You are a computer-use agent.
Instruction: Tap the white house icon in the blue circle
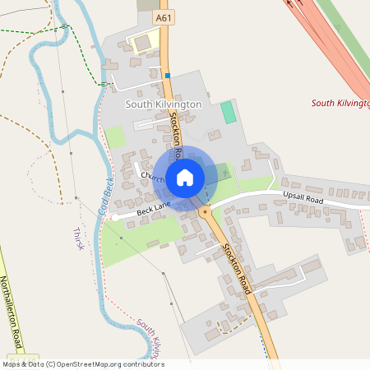pos(185,176)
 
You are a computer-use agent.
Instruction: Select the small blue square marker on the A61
pos(168,76)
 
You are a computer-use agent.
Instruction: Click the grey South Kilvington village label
pos(163,105)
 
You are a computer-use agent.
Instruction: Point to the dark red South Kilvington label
pos(340,103)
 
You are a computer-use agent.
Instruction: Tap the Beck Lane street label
pos(154,211)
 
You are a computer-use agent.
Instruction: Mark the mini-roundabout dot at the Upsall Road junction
pos(204,211)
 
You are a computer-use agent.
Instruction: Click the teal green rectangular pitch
pos(228,113)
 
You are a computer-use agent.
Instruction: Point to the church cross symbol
pos(225,173)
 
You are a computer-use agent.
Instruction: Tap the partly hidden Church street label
pos(153,177)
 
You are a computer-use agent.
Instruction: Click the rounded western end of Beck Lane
pos(113,216)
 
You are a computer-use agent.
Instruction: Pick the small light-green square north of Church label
pos(115,137)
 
